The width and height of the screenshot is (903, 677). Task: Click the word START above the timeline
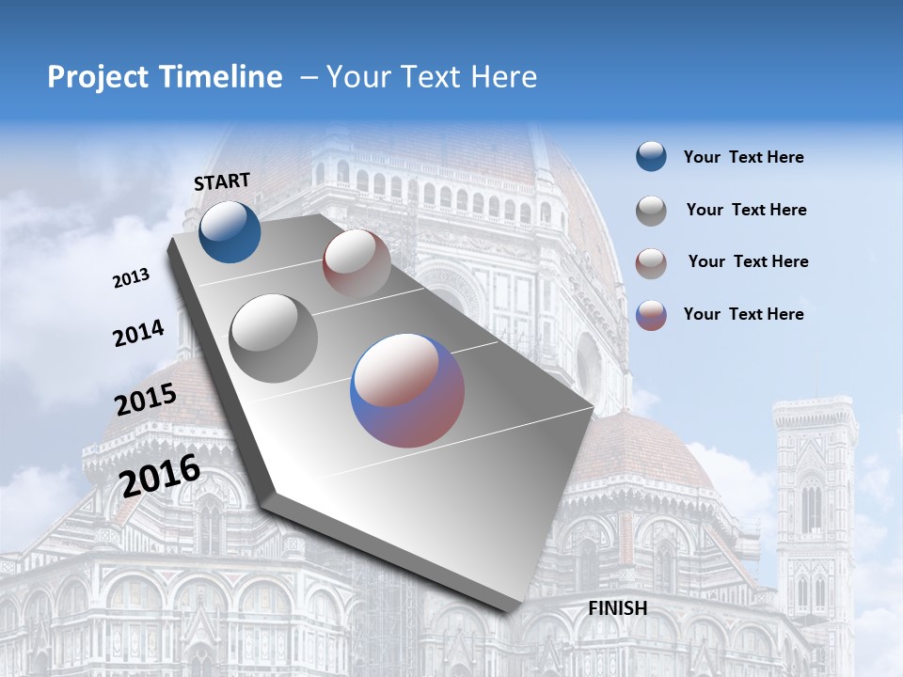point(222,181)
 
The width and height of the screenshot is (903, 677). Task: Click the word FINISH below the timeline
point(618,608)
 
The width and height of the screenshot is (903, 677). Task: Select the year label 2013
point(131,278)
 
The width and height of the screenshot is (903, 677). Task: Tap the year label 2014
point(138,334)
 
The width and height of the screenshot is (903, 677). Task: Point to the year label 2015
point(146,400)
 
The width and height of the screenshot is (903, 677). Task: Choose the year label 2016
point(160,475)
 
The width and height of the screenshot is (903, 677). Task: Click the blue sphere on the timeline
point(230,231)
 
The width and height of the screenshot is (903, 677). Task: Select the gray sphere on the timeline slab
point(274,338)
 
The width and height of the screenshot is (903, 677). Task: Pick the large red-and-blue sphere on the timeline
point(407,390)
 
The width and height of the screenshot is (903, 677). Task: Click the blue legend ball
point(651,156)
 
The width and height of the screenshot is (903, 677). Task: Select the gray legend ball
point(651,211)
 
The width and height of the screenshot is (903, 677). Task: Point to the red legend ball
point(651,263)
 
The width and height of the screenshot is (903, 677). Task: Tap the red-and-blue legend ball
point(651,315)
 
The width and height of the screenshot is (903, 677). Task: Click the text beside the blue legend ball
point(743,157)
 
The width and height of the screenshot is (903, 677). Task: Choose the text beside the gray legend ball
point(746,210)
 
